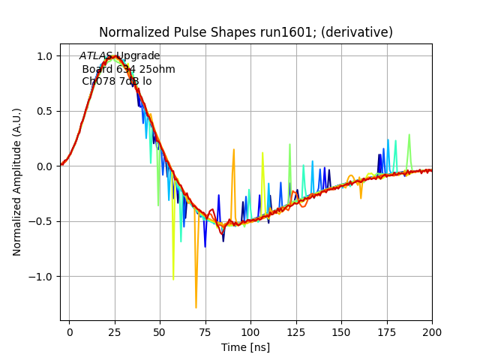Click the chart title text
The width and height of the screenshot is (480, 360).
click(246, 32)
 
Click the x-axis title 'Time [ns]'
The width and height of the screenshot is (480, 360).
click(245, 347)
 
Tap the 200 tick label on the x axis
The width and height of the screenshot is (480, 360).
click(432, 331)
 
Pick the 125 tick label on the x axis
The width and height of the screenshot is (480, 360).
click(296, 331)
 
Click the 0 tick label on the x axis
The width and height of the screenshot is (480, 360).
click(69, 331)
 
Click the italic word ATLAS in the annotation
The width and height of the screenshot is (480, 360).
click(96, 56)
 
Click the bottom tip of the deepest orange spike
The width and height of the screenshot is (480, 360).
click(196, 307)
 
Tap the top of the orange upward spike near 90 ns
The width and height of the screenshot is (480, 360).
click(234, 149)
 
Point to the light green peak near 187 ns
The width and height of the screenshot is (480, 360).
click(409, 135)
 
